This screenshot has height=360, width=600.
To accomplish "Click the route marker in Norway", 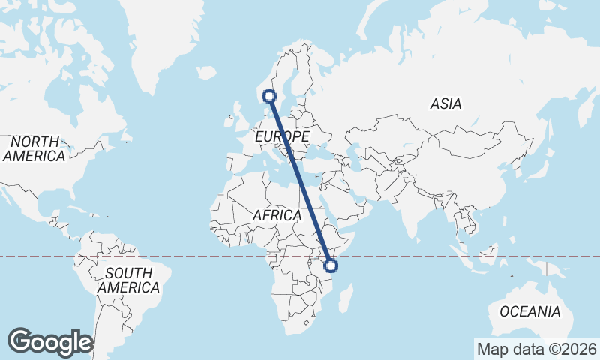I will (269, 96).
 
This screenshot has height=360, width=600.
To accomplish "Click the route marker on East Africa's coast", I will (331, 265).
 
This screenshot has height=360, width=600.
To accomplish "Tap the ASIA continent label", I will (445, 104).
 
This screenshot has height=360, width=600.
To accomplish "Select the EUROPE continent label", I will (282, 137).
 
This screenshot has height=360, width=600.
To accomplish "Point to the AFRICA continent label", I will (277, 215).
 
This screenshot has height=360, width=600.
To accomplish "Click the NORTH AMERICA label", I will (34, 148).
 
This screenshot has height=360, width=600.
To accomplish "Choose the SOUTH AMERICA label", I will (128, 280).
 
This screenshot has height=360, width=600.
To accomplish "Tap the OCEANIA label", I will (529, 310).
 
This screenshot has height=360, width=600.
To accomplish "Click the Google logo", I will (50, 341).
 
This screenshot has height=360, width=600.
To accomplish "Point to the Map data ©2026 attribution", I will (536, 349).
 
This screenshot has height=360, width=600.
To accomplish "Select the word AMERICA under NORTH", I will (34, 156).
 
